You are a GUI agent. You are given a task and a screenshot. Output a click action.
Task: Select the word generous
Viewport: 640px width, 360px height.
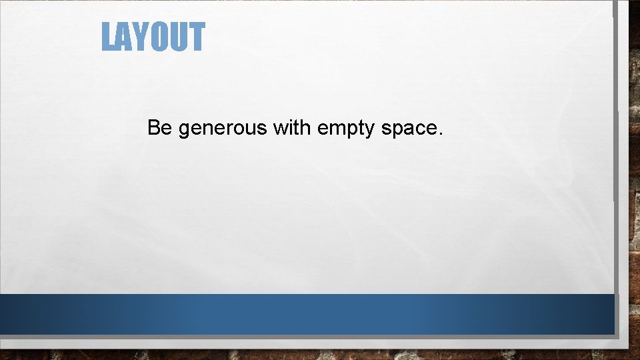click(x=223, y=129)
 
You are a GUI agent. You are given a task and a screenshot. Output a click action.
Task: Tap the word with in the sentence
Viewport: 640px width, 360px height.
click(x=292, y=127)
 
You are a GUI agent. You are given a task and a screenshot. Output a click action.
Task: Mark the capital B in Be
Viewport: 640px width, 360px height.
click(x=154, y=127)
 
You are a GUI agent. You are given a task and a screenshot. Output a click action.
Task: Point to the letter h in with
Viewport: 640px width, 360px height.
click(x=306, y=127)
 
